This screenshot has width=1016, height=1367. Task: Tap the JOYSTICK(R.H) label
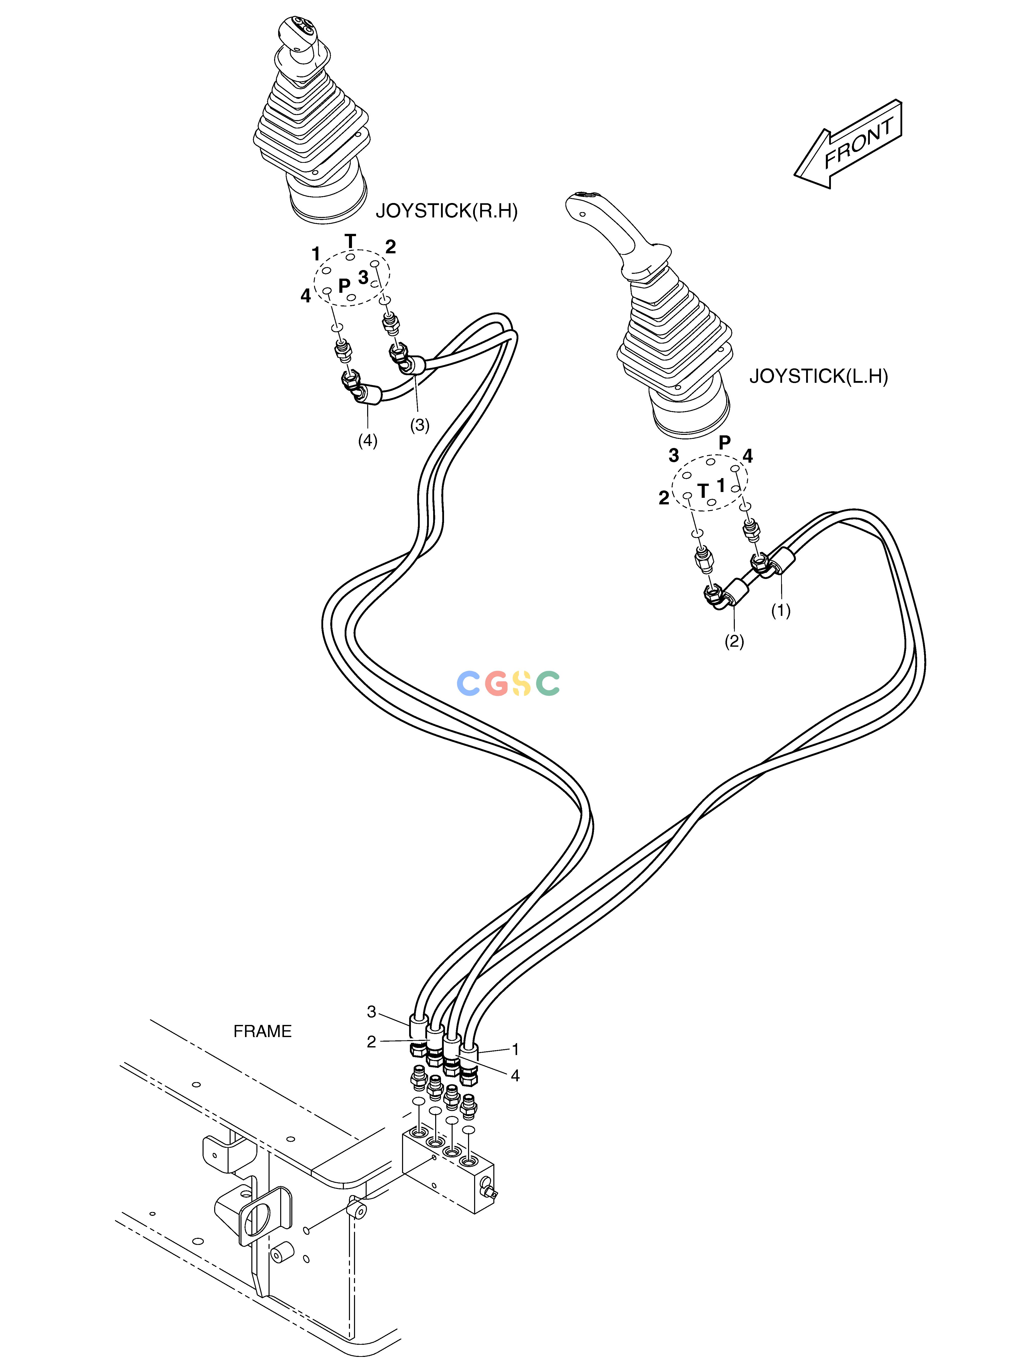(x=447, y=211)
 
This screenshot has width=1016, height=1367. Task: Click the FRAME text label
(x=263, y=1031)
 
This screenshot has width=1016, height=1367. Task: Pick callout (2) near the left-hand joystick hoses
(x=734, y=641)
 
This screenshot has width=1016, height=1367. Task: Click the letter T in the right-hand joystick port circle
(x=350, y=241)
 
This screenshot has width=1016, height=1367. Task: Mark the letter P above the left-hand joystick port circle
(x=725, y=442)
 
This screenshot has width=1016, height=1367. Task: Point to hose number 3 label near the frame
(x=371, y=1012)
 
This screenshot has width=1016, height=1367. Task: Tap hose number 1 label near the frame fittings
(x=515, y=1050)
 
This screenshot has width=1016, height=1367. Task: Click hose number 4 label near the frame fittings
(x=515, y=1075)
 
